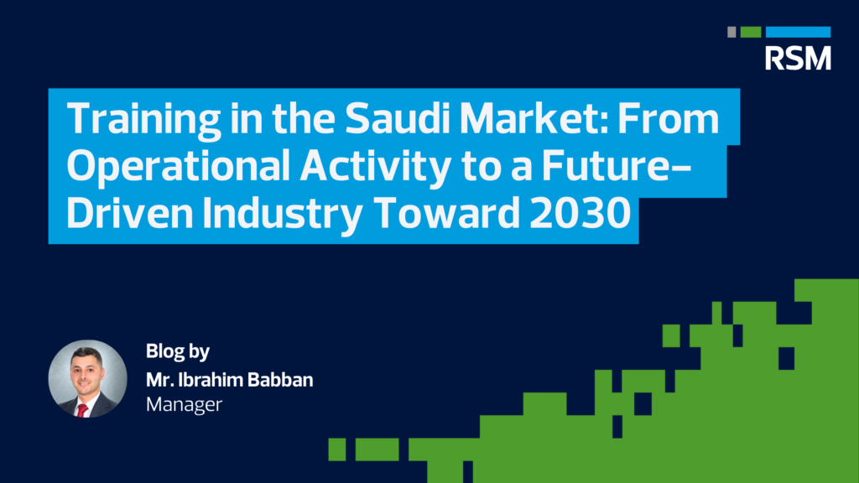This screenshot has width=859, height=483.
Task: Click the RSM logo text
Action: pyautogui.click(x=798, y=57)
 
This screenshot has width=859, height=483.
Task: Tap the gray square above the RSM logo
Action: pyautogui.click(x=731, y=32)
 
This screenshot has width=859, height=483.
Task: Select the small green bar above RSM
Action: pyautogui.click(x=751, y=32)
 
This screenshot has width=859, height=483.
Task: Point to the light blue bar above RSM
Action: pyautogui.click(x=798, y=32)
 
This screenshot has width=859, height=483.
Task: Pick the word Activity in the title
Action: pyautogui.click(x=359, y=168)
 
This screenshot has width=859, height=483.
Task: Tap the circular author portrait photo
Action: pyautogui.click(x=87, y=379)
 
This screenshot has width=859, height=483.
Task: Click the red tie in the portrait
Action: pyautogui.click(x=82, y=409)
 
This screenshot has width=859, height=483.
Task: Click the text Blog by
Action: pyautogui.click(x=177, y=351)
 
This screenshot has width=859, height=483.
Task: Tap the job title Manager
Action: pyautogui.click(x=184, y=404)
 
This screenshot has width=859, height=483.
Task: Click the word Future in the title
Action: pyautogui.click(x=617, y=168)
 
